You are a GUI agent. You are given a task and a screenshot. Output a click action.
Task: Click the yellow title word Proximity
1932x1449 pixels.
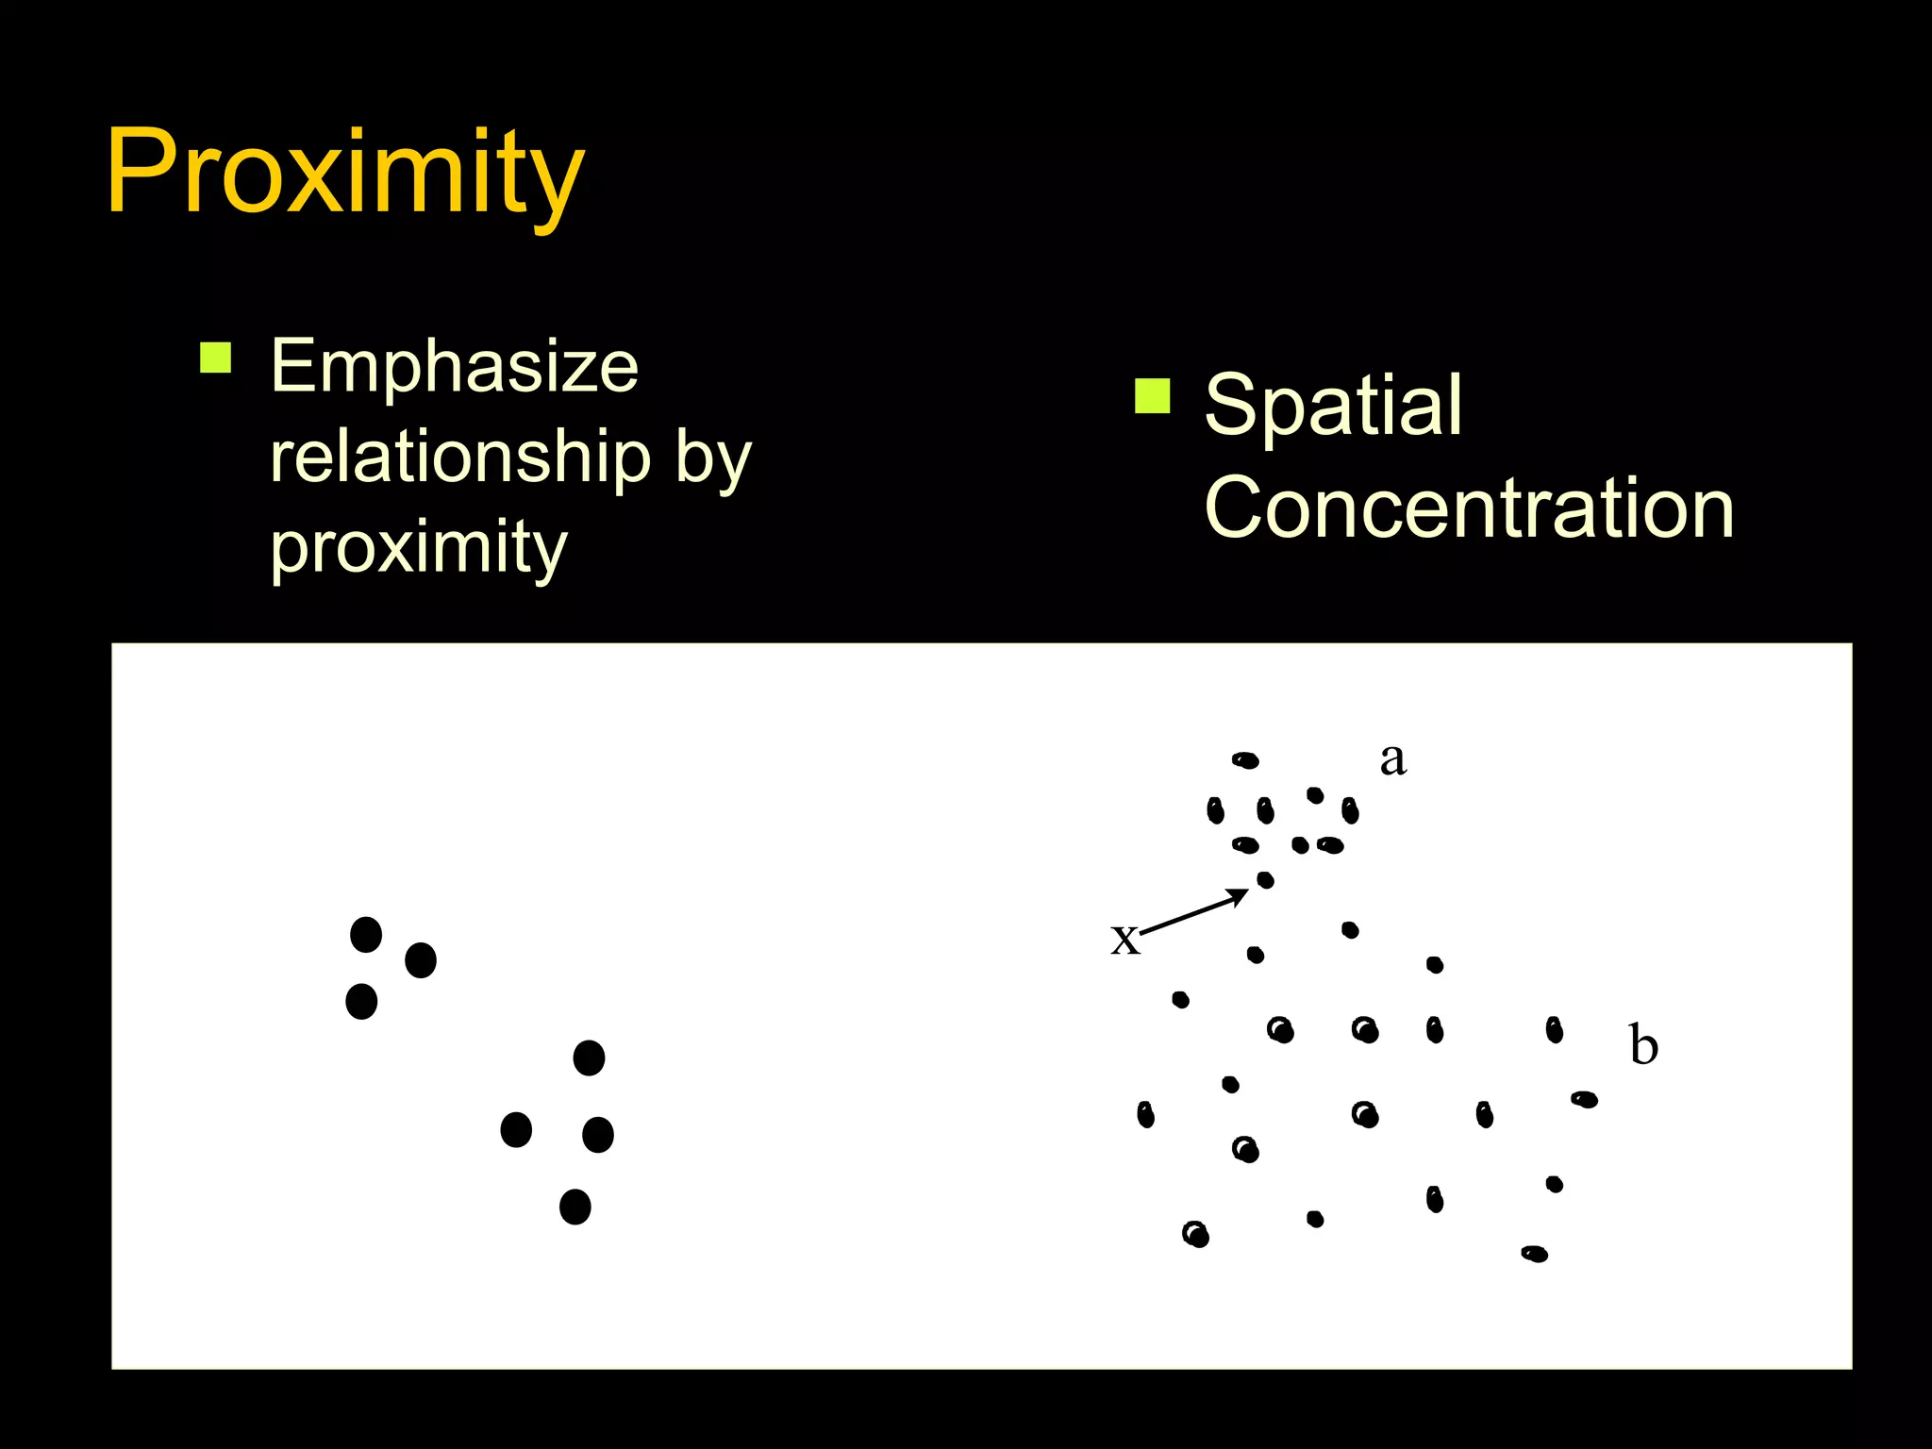point(344,175)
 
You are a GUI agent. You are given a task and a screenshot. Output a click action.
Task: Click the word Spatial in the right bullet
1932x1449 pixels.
point(1333,406)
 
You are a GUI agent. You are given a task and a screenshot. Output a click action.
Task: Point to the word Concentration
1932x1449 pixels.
point(1469,508)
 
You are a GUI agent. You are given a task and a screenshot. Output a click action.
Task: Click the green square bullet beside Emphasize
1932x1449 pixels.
point(216,358)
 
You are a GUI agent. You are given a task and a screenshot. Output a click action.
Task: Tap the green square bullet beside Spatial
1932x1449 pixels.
point(1152,396)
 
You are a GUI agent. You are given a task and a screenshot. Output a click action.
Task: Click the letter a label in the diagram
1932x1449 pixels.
point(1392,758)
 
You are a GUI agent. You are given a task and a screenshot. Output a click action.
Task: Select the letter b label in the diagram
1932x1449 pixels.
point(1643,1045)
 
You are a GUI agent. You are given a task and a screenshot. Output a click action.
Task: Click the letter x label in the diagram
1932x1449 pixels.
point(1124,939)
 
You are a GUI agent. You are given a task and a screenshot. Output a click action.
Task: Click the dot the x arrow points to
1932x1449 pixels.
point(1265,880)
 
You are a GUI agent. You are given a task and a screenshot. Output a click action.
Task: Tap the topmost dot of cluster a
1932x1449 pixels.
point(1245,760)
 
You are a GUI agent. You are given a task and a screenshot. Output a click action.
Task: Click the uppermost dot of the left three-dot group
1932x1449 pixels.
point(366,935)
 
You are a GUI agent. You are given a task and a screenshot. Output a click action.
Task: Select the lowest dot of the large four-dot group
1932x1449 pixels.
point(575,1207)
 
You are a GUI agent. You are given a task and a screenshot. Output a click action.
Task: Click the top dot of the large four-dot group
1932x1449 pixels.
point(589,1058)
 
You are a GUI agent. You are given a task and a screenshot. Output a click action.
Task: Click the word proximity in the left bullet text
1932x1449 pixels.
point(419,547)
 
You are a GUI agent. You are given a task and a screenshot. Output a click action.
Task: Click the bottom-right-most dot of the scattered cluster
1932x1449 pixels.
point(1534,1254)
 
